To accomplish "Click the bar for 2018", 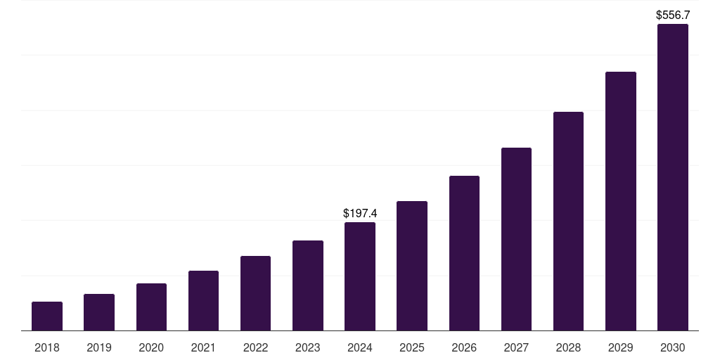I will coord(47,316).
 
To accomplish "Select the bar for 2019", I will coord(99,312).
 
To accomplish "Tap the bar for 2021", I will coord(203,301).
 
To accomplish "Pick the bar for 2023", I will coord(308,285).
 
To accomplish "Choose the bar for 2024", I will coord(360,276).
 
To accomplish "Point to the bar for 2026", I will coord(464,253).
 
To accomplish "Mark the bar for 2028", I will coord(568,221).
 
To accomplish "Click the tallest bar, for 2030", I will coord(673,177).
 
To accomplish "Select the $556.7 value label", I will coord(673,14).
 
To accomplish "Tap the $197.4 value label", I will coord(360,212).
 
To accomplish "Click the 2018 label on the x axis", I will coord(47,347).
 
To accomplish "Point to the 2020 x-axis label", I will coord(151,347).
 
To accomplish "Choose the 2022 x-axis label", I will coord(255,347).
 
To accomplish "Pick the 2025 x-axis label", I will coord(412,347).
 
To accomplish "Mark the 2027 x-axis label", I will coord(516,347).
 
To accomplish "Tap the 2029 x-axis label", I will coord(620,347).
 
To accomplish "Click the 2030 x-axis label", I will coord(673,347).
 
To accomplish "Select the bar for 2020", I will coord(151,307).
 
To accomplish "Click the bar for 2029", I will coord(620,201).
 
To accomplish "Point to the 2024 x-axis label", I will coord(360,347).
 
